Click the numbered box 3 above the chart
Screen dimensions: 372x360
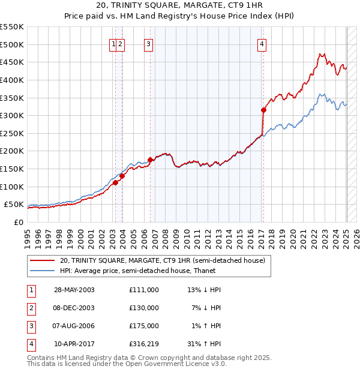[x=148, y=43]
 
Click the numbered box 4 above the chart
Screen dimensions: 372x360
[x=263, y=43]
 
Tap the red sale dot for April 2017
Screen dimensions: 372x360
[x=263, y=110]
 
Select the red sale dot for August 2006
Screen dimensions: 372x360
[x=150, y=160]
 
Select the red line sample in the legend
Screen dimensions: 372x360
[x=42, y=260]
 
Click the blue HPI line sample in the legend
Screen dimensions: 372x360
[x=42, y=271]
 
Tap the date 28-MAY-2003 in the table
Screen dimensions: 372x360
[x=74, y=290]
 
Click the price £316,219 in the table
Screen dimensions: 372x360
[x=143, y=344]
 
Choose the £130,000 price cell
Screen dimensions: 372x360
[x=143, y=308]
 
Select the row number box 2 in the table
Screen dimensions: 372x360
[x=31, y=308]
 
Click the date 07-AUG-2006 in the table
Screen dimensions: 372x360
[x=74, y=326]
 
